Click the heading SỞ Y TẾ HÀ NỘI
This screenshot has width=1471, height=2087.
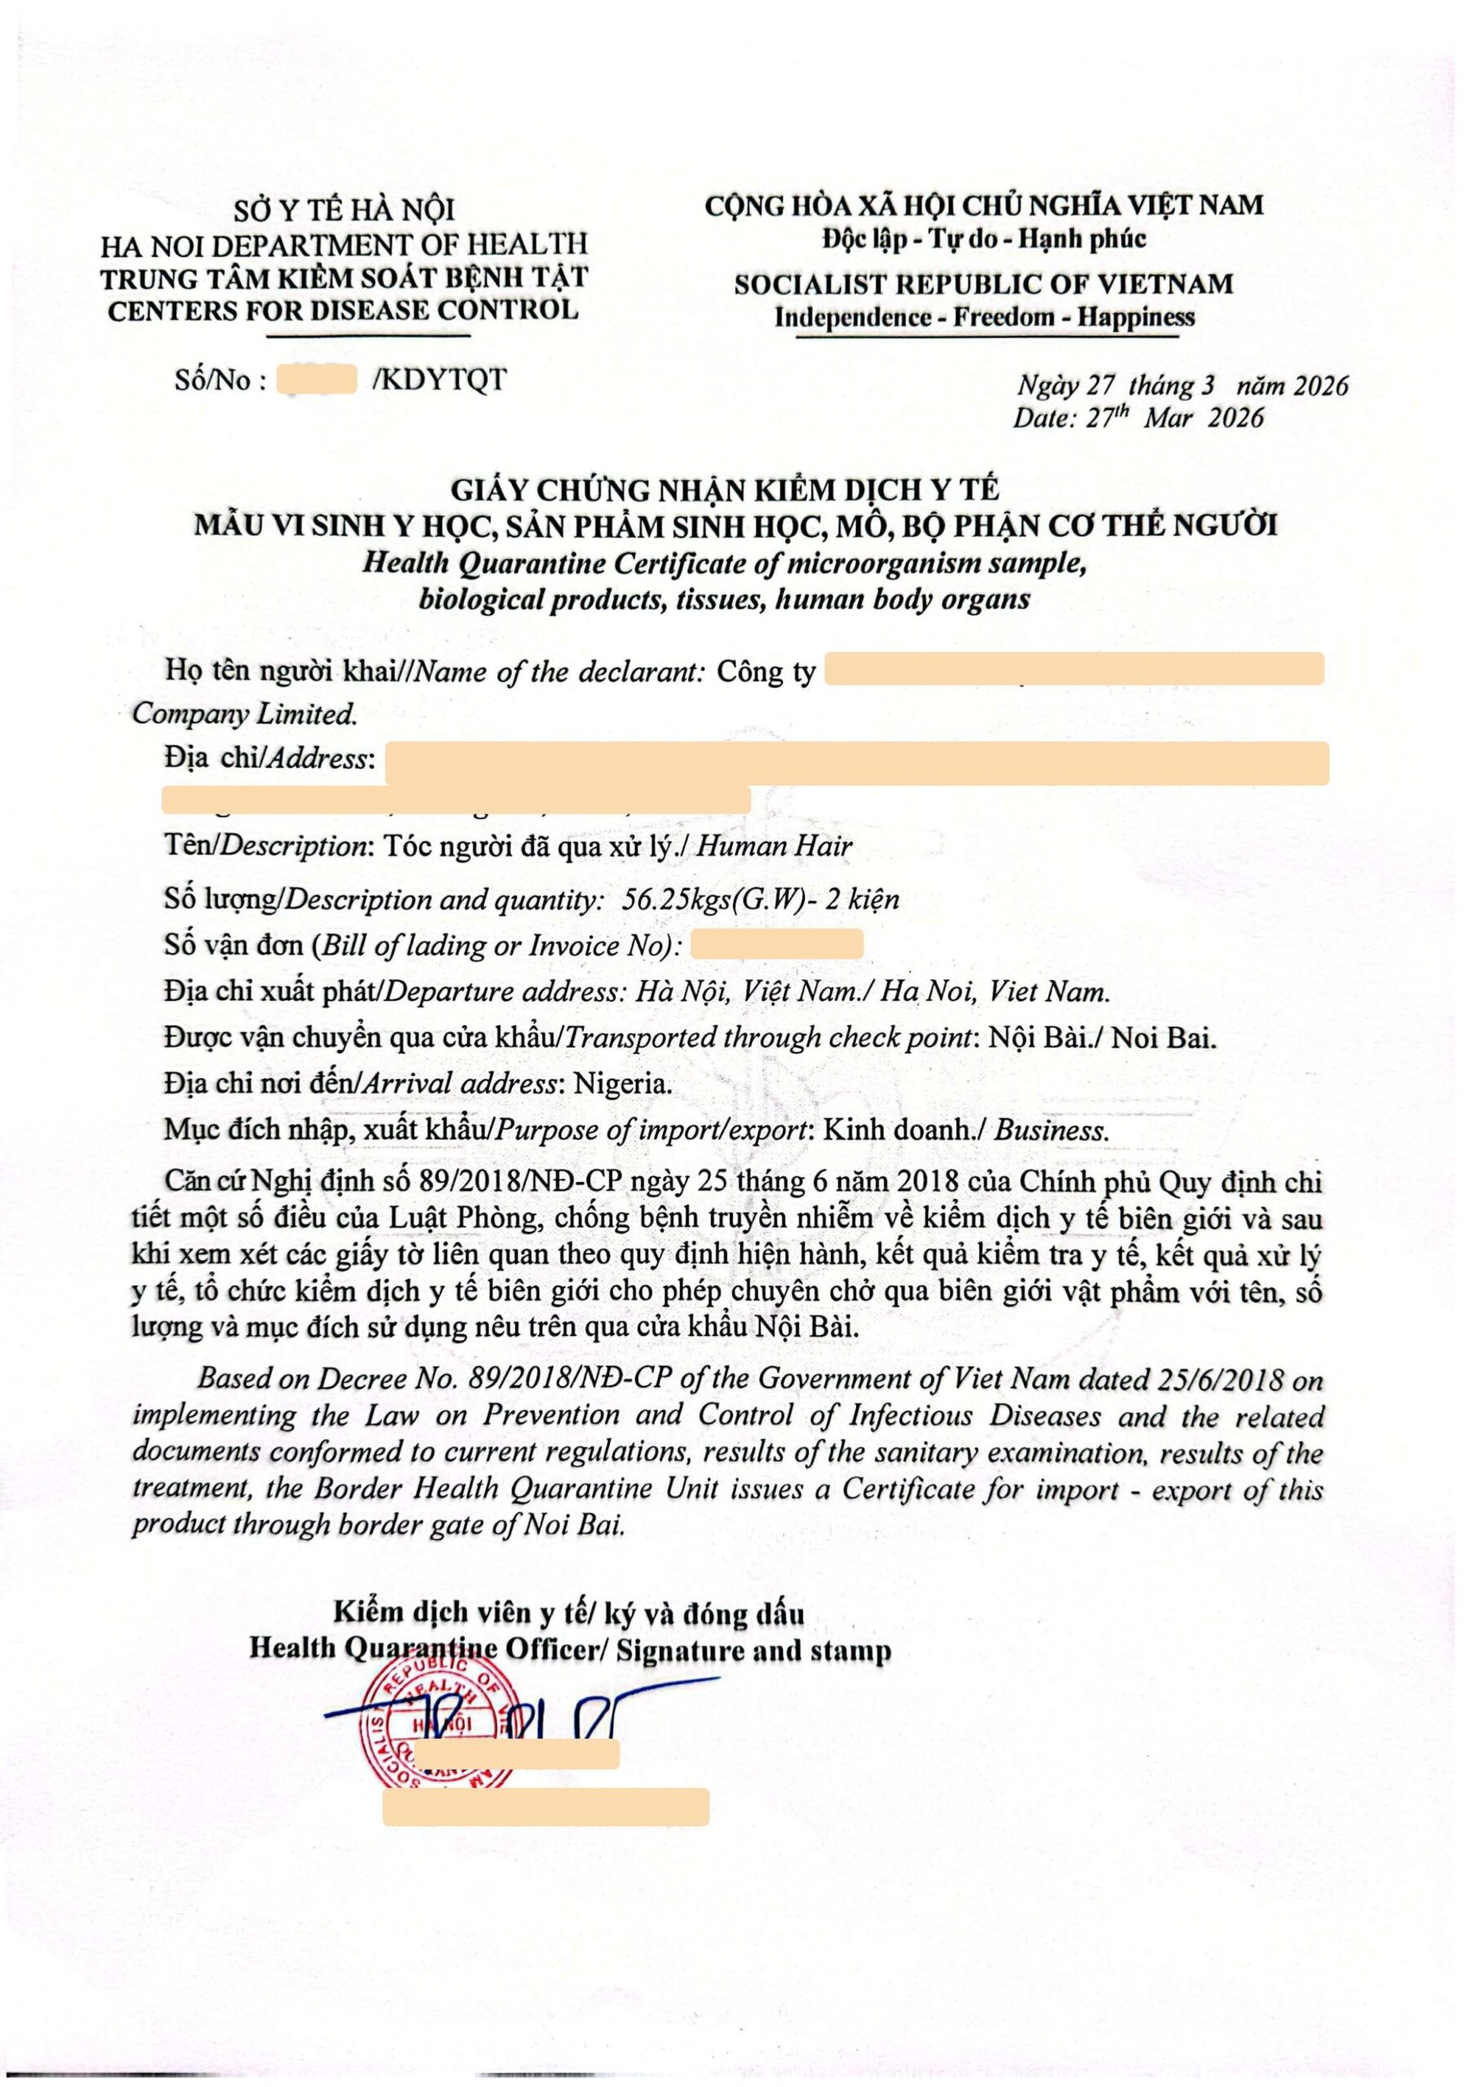click(x=343, y=210)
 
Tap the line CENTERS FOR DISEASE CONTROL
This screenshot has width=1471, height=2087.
click(x=342, y=310)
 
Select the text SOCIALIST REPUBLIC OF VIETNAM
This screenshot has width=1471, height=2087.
click(x=983, y=284)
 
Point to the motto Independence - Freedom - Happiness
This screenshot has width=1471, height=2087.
click(x=983, y=317)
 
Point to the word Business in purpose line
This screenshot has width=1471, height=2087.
click(x=1051, y=1131)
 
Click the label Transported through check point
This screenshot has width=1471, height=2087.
click(x=766, y=1038)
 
